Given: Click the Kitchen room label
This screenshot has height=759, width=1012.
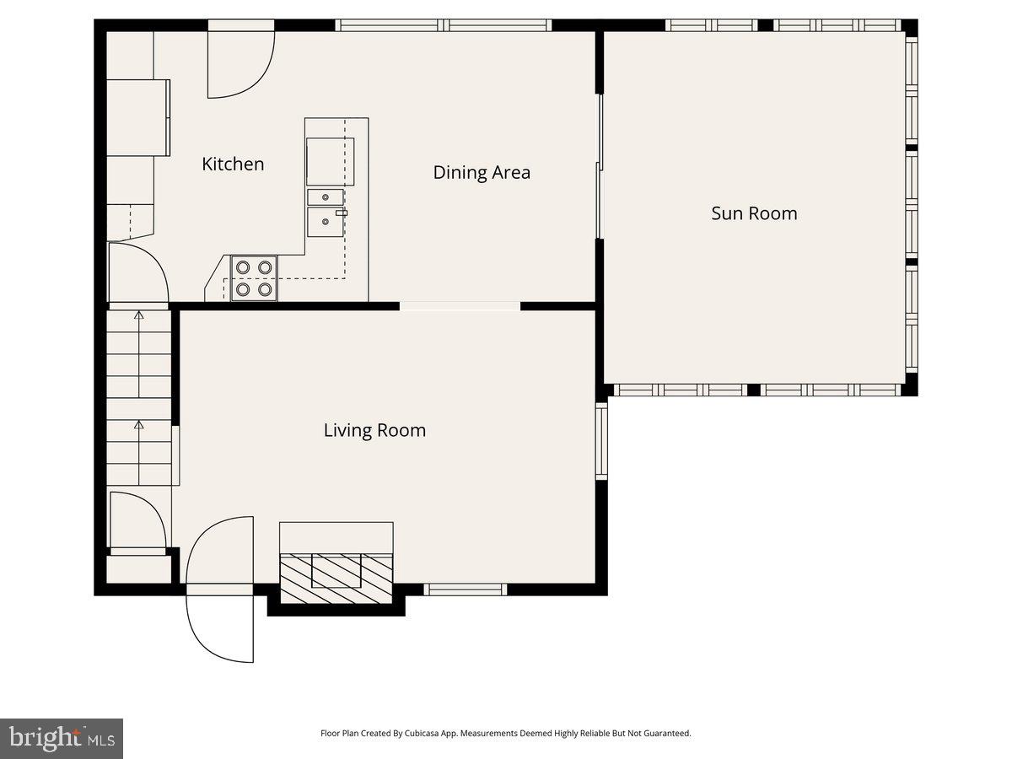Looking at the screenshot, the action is tap(233, 164).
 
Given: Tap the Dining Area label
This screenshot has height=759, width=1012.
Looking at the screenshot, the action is tap(482, 173).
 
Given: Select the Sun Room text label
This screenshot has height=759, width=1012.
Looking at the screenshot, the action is tap(754, 213).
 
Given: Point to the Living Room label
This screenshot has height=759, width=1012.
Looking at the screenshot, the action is tap(374, 430).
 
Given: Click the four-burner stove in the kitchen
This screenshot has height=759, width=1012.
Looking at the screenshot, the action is tap(254, 278).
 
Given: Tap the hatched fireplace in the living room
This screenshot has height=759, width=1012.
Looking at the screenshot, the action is tap(336, 579).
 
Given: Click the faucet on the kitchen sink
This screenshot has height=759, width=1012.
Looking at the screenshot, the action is tap(342, 213).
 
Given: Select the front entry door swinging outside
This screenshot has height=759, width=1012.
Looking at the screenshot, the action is tap(220, 629).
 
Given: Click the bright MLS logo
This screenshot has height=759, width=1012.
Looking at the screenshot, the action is tap(62, 738).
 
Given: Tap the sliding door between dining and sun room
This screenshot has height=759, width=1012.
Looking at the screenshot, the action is tap(600, 166).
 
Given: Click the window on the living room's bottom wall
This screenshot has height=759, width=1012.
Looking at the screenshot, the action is tap(466, 589).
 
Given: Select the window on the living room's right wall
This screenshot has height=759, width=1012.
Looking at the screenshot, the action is tap(601, 441).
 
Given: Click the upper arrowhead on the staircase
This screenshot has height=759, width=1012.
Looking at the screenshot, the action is tap(139, 315).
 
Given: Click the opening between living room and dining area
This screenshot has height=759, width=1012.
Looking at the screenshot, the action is tap(460, 306).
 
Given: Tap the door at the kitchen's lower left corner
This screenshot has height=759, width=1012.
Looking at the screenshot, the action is tap(139, 272).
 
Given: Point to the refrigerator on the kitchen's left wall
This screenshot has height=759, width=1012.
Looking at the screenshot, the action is tap(138, 118).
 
